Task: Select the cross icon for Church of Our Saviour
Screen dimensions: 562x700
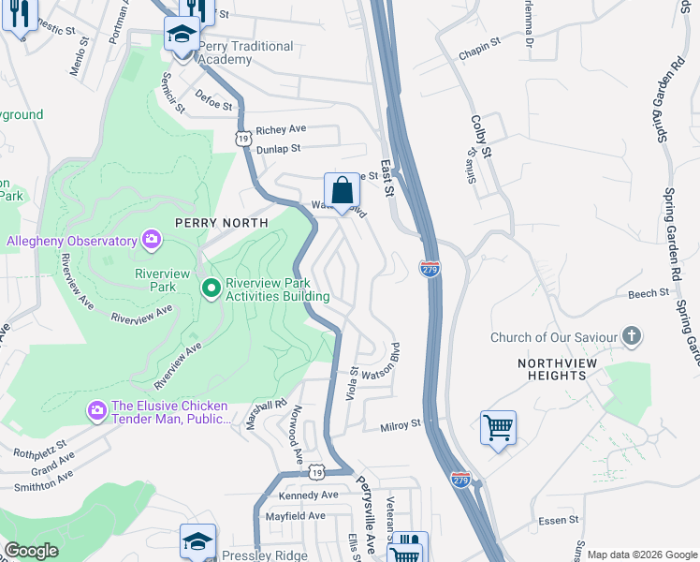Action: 633,336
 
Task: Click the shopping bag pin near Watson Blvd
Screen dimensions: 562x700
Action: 343,191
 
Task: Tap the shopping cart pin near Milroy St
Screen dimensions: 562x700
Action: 498,429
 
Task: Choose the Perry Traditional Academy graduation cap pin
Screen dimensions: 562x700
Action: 180,37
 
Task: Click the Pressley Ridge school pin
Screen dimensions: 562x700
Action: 197,542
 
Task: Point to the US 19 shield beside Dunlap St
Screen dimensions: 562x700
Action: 241,139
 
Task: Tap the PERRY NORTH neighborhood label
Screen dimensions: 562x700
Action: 221,223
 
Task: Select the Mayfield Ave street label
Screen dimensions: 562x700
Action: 295,515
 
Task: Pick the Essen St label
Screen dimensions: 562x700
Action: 561,519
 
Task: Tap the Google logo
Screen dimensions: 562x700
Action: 31,551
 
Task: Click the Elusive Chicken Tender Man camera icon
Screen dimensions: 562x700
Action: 96,411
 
